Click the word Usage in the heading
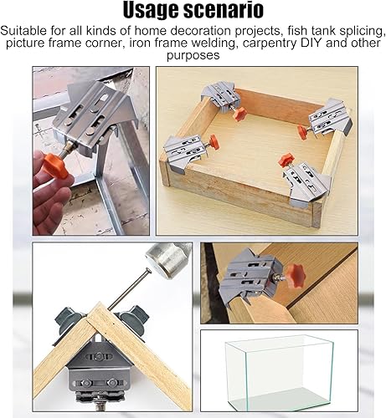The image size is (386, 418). (152, 11)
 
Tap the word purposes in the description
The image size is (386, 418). (193, 55)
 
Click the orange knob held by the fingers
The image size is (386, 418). (55, 166)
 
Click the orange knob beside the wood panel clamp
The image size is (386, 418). (295, 276)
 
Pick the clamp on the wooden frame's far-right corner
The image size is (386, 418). (330, 118)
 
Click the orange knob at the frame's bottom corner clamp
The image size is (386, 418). (286, 160)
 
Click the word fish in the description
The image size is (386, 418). (299, 31)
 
